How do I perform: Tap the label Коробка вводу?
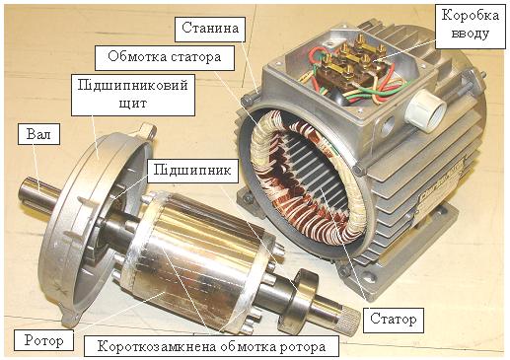pos(471,25)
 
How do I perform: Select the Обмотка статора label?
pos(165,58)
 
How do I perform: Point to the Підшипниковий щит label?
pos(133,95)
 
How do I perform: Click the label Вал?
pos(38,134)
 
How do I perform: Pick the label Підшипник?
pos(192,171)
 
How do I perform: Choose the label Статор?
pos(394,321)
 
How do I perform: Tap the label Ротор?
pos(43,340)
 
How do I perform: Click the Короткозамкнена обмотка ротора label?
pos(211,346)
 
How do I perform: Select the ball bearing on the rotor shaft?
pos(297,300)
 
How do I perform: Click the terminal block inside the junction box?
pos(352,66)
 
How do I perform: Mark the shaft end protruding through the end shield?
pos(36,193)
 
